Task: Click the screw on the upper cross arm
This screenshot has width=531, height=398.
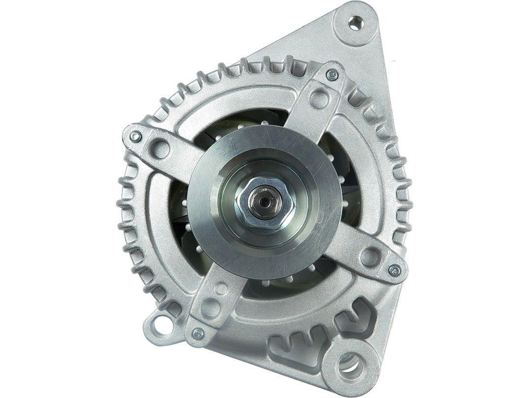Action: [x=332, y=75]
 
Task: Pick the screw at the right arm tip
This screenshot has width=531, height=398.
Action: [x=394, y=269]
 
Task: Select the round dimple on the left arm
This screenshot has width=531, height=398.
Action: [x=159, y=147]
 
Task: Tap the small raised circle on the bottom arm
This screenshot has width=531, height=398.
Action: [x=222, y=289]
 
